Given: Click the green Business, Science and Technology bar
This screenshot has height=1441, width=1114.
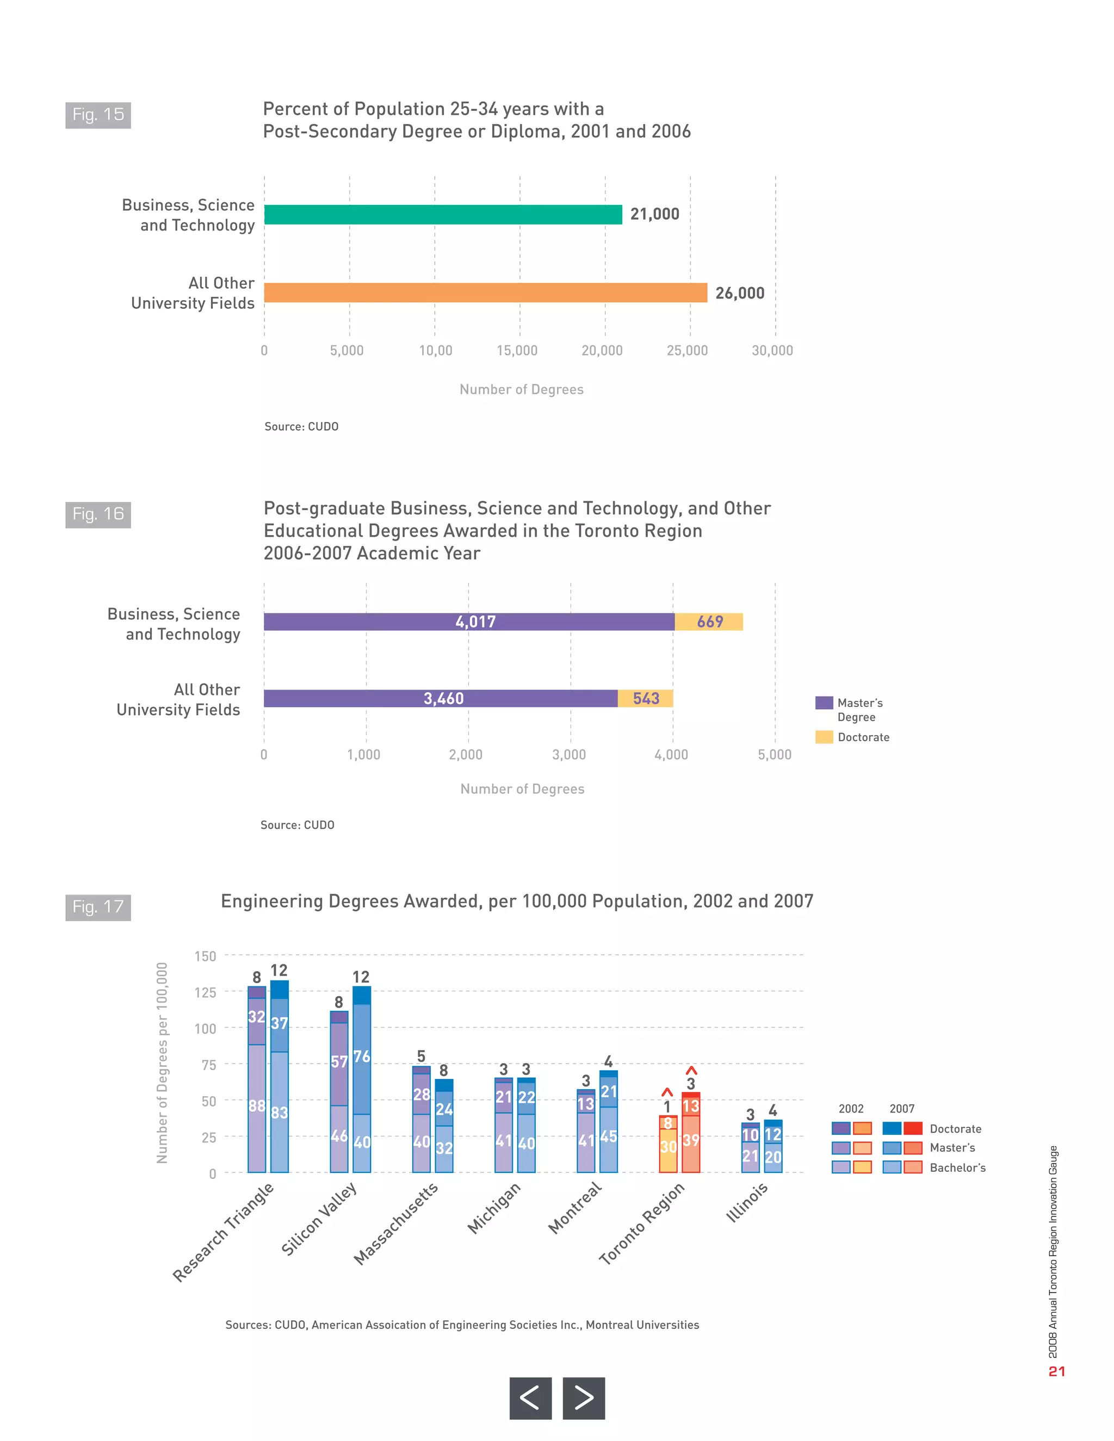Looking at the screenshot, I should pyautogui.click(x=442, y=214).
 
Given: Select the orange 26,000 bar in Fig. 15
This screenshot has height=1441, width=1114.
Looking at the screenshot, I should pyautogui.click(x=485, y=293).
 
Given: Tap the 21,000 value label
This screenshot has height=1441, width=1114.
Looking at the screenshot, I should pyautogui.click(x=654, y=214).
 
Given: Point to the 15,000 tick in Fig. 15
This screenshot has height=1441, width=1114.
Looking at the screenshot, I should pyautogui.click(x=517, y=350).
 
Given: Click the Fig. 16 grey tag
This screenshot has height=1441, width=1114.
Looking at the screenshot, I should pyautogui.click(x=98, y=514).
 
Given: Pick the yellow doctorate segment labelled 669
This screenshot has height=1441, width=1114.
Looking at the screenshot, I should pyautogui.click(x=709, y=622).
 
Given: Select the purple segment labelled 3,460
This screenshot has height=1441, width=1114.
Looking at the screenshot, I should pyautogui.click(x=440, y=698).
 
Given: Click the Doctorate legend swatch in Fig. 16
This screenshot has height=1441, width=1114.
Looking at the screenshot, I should pyautogui.click(x=824, y=737).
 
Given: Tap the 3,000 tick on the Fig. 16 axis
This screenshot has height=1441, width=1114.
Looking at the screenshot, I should pyautogui.click(x=568, y=754).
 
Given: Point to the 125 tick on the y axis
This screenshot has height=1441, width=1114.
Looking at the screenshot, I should pyautogui.click(x=205, y=992).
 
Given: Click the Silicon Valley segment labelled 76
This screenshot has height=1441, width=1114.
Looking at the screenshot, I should pyautogui.click(x=362, y=1058).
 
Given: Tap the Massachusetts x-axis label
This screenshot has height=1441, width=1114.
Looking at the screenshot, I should pyautogui.click(x=395, y=1223).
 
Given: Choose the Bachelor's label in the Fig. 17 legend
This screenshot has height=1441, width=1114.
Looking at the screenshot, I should pyautogui.click(x=957, y=1167).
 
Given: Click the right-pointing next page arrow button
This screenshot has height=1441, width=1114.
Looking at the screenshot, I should pyautogui.click(x=584, y=1397).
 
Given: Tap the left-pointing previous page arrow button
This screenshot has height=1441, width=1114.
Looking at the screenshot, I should pyautogui.click(x=530, y=1397).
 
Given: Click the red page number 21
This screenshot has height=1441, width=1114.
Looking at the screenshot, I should pyautogui.click(x=1056, y=1371).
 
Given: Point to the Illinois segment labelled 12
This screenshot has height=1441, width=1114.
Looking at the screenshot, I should pyautogui.click(x=773, y=1134).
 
